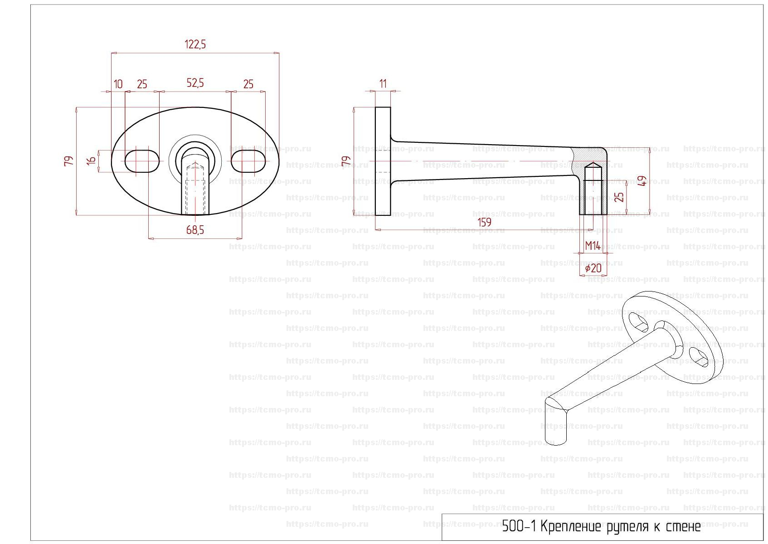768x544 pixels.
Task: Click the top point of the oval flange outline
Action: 195,107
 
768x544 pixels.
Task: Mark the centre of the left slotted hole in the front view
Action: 142,161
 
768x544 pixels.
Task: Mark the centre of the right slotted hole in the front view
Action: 248,161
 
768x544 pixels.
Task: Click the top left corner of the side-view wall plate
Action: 375,107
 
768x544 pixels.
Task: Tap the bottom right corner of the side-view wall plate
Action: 390,215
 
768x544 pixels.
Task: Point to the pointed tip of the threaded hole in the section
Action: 593,162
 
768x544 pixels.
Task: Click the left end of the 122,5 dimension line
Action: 112,53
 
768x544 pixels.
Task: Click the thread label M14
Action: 593,246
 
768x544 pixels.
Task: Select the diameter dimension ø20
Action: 593,268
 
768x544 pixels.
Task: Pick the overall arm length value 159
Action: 485,223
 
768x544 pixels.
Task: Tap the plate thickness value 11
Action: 383,83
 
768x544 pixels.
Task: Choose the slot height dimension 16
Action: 91,161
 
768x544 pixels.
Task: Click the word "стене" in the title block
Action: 683,527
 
